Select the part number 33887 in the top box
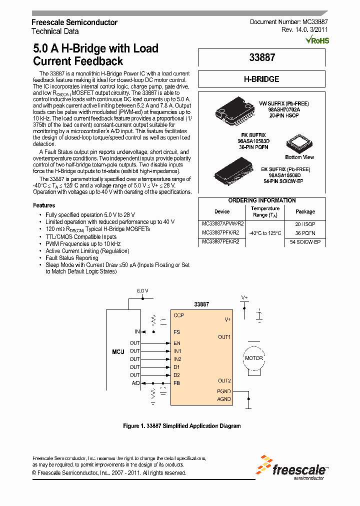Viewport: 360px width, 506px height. tap(262, 57)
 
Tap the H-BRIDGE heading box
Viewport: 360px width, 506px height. tap(261, 79)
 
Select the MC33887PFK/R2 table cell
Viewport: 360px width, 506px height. tap(220, 232)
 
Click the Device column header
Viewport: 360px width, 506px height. tap(222, 211)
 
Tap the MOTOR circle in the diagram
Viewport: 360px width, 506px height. tap(253, 358)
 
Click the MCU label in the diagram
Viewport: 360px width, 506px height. tap(118, 352)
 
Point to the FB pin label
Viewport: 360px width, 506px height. tap(176, 383)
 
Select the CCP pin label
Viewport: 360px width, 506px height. tap(178, 315)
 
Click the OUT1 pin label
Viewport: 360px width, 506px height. tap(224, 337)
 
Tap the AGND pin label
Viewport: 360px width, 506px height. tap(223, 399)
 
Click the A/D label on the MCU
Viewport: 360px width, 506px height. tap(135, 383)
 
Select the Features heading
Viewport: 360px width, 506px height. tap(44, 205)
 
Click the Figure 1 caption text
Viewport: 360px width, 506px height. tap(182, 426)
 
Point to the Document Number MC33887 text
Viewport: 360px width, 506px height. tap(289, 22)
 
